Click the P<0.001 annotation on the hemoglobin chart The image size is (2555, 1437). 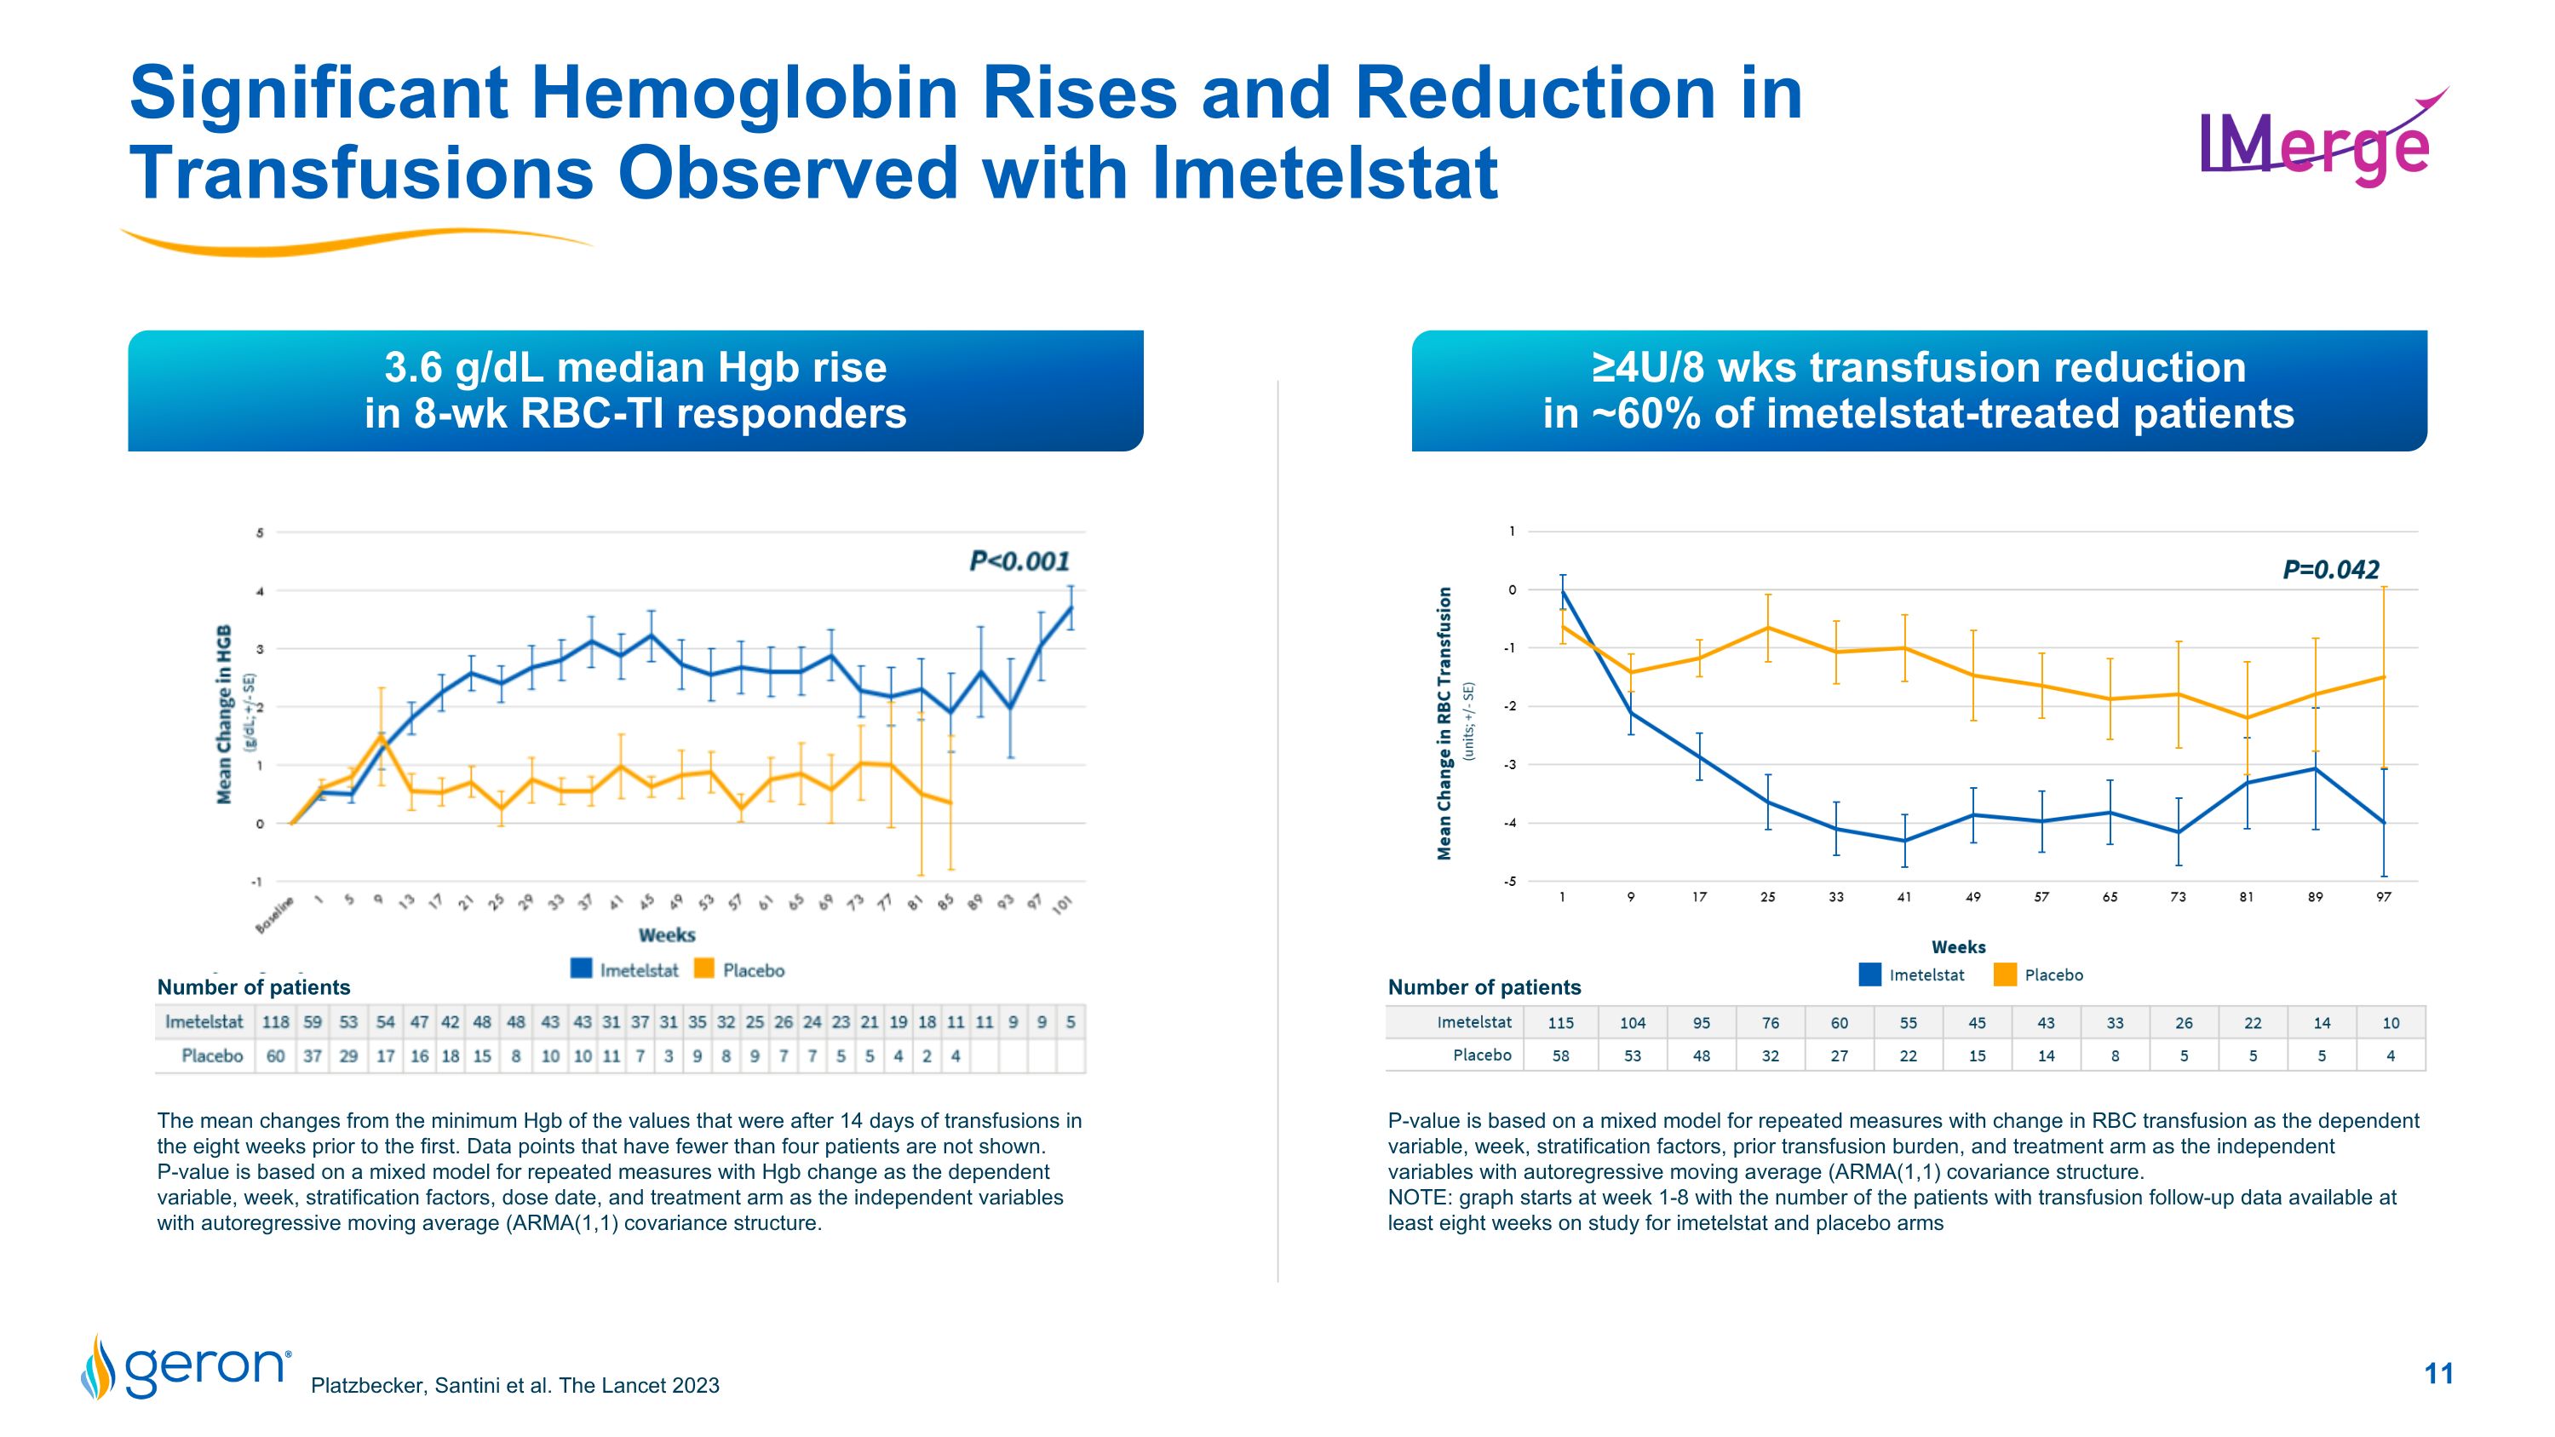1019,561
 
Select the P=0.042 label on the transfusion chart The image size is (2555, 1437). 2330,569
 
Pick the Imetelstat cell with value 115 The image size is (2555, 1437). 1560,1022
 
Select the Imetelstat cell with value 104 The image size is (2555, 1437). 1632,1022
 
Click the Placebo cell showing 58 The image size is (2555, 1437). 1560,1055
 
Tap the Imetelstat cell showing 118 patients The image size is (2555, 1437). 275,1021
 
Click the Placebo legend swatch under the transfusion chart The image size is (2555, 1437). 2005,974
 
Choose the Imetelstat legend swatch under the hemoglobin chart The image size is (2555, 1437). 583,969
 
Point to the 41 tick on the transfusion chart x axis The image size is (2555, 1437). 1903,896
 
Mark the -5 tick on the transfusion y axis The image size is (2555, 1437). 1511,882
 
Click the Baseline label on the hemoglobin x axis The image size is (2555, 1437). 276,914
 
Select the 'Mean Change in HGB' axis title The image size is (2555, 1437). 225,714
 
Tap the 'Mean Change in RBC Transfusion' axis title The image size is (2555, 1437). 1444,723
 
